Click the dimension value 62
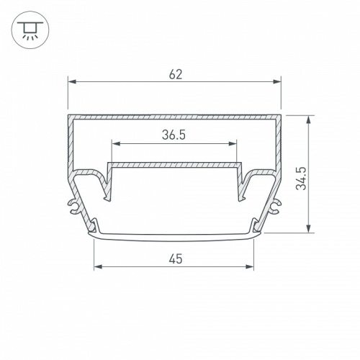tap(176, 74)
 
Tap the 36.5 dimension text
tap(174, 135)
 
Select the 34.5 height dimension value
tap(301, 179)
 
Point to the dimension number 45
tap(176, 259)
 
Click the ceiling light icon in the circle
tap(30, 30)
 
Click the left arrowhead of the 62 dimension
tap(72, 82)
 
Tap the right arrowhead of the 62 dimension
tap(276, 82)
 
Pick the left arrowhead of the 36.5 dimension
tap(116, 144)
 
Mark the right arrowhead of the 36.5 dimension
tap(233, 144)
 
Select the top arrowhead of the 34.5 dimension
tap(309, 120)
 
